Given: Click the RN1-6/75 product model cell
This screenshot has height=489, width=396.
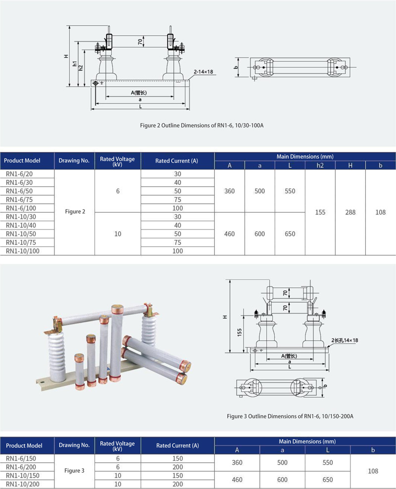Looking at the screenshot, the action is [19, 200].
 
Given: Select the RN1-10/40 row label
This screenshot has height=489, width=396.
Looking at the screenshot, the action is [21, 225].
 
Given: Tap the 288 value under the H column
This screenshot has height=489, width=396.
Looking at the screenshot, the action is [350, 213].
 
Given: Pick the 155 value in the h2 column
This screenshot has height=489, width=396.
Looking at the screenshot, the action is [320, 213].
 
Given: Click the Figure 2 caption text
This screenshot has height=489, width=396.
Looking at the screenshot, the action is [201, 125].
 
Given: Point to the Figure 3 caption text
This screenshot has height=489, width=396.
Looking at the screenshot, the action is [290, 416].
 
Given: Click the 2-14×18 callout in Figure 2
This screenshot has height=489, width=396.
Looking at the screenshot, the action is [203, 72].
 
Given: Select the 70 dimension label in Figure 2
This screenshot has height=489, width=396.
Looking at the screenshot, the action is [140, 41].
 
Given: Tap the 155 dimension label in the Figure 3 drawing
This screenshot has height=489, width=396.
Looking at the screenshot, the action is [239, 332].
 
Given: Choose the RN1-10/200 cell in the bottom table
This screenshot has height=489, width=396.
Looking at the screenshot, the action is [23, 484].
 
